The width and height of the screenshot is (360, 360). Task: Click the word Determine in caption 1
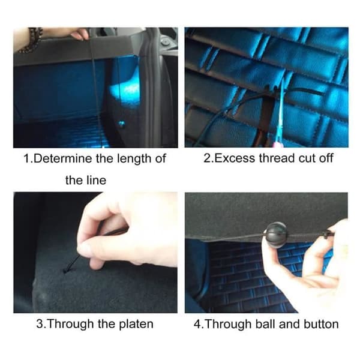pyautogui.click(x=63, y=158)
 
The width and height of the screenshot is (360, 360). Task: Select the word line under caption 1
pyautogui.click(x=96, y=180)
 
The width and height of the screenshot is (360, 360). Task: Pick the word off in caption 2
pyautogui.click(x=325, y=158)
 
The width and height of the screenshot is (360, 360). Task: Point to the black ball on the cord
pyautogui.click(x=276, y=235)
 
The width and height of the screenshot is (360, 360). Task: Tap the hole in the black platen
pyautogui.click(x=65, y=271)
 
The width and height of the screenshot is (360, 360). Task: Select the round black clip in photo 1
pyautogui.click(x=165, y=43)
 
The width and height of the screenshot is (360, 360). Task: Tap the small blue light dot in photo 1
pyautogui.click(x=121, y=124)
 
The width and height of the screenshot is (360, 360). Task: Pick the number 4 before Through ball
pyautogui.click(x=197, y=324)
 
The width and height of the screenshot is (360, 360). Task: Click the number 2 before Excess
pyautogui.click(x=206, y=158)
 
